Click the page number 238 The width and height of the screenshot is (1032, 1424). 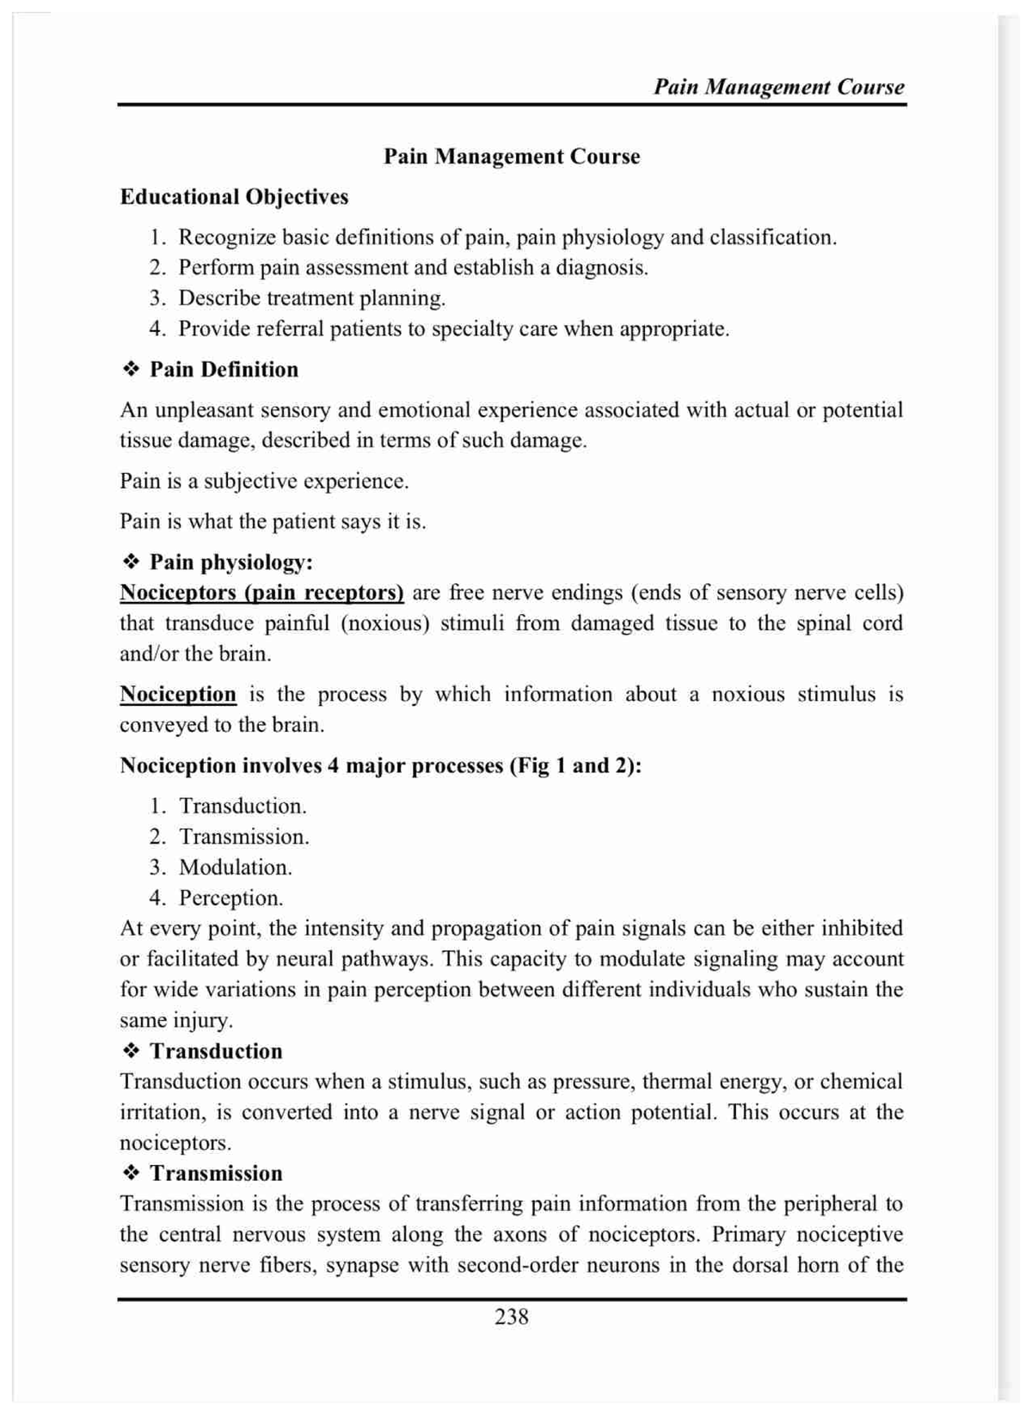tap(511, 1316)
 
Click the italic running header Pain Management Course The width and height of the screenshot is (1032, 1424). tap(778, 87)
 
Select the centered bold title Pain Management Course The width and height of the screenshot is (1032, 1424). tap(512, 157)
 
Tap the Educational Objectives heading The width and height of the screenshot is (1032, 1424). tap(234, 197)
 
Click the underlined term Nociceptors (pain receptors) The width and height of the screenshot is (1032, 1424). tap(261, 592)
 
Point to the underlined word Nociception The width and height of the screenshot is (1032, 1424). tap(178, 694)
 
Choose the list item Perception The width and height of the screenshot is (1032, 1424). tap(230, 898)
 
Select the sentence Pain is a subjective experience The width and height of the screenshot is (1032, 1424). tap(264, 481)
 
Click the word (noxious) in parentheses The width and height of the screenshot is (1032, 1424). tap(384, 623)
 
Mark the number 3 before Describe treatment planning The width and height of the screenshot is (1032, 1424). tap(156, 298)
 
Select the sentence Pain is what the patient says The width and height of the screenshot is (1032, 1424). tap(273, 521)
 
